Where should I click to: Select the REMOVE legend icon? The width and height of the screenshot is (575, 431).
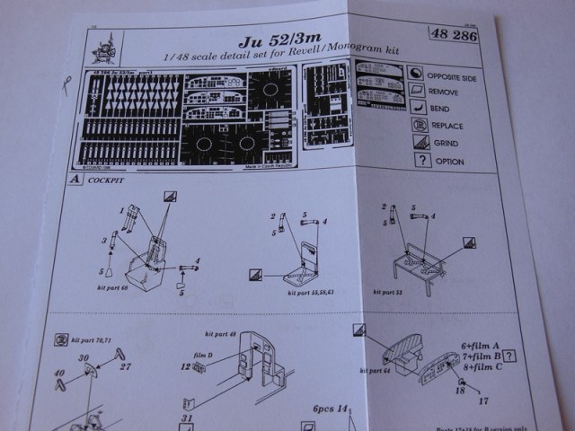coord(415,91)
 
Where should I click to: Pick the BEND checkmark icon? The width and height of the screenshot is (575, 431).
coord(416,108)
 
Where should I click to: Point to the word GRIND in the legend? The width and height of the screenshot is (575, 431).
coord(446,143)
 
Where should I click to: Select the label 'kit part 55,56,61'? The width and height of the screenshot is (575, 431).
coord(310,293)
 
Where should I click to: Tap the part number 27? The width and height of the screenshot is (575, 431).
coord(125,366)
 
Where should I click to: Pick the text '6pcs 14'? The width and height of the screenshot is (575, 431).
coord(330,408)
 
